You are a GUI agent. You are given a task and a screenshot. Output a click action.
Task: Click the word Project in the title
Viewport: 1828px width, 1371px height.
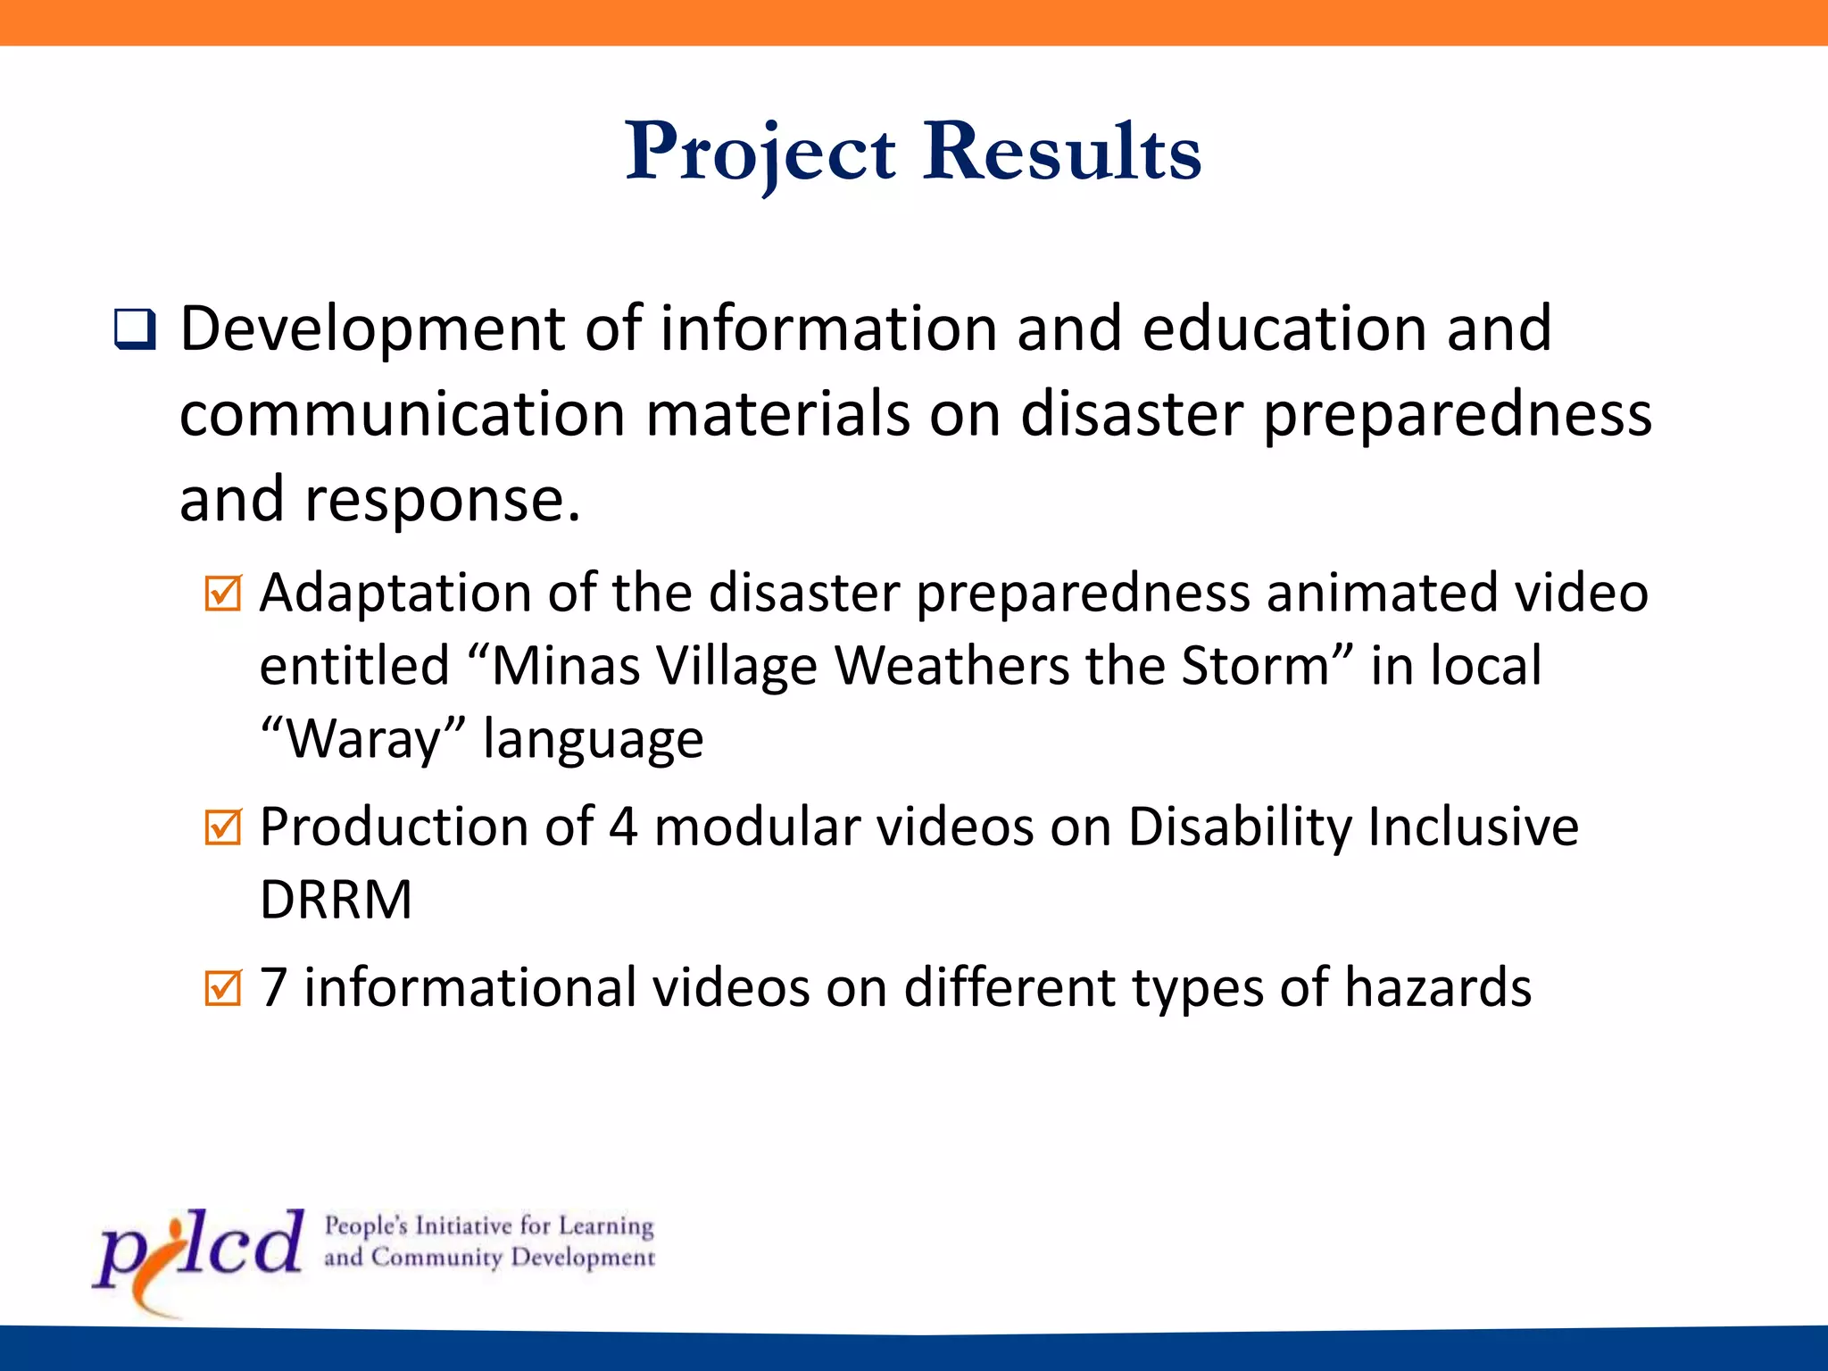[x=760, y=152]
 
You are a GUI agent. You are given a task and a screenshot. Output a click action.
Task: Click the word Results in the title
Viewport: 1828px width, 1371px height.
[x=1062, y=152]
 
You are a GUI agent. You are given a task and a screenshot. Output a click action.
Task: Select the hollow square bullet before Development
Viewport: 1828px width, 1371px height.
[x=135, y=329]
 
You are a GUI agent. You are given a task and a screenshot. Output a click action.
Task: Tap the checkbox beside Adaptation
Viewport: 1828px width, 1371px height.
[x=222, y=593]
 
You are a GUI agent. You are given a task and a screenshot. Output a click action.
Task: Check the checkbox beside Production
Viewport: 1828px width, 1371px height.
[x=222, y=827]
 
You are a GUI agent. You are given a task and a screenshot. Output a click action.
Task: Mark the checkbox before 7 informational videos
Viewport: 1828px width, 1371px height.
[x=222, y=988]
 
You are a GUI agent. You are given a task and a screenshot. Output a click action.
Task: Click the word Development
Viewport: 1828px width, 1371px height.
[x=372, y=328]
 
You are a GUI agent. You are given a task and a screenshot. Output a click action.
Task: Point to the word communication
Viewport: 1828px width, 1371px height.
[x=402, y=414]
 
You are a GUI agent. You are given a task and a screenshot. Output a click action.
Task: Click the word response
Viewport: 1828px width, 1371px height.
[x=443, y=500]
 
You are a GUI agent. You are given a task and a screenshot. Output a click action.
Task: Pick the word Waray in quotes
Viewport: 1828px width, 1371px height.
[x=363, y=739]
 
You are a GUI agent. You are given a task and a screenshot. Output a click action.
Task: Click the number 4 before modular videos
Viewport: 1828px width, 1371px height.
[x=623, y=827]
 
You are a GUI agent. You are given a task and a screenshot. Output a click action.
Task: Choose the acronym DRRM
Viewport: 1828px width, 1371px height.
[x=336, y=900]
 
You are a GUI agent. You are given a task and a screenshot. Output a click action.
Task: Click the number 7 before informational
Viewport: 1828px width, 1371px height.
[x=273, y=988]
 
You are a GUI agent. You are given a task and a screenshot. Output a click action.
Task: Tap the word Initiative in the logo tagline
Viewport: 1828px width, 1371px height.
[x=464, y=1226]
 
